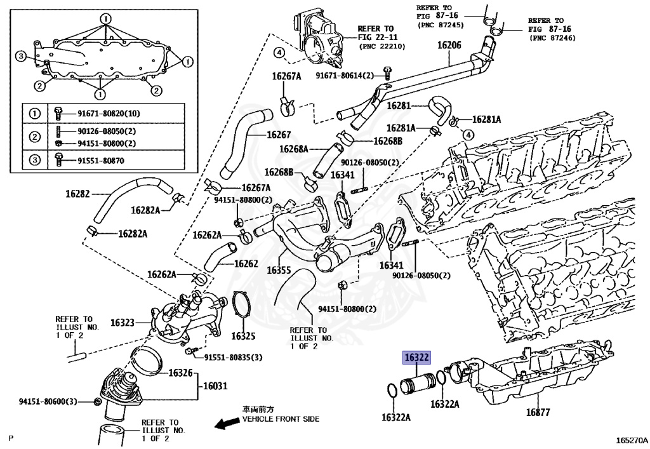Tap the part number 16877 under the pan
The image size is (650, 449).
pos(537,413)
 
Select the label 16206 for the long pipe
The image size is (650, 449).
pos(449,46)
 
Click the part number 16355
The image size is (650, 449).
pos(279,270)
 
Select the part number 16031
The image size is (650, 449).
pos(215,385)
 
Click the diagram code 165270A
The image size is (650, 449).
pos(629,439)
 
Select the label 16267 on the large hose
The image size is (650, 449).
pos(279,135)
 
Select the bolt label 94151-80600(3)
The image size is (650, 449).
pos(48,401)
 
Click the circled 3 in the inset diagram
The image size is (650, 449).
pos(20,57)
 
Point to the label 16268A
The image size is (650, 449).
pos(293,149)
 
